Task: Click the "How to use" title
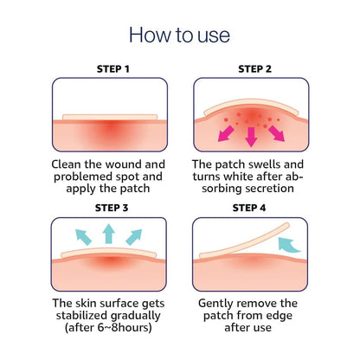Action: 179,35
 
